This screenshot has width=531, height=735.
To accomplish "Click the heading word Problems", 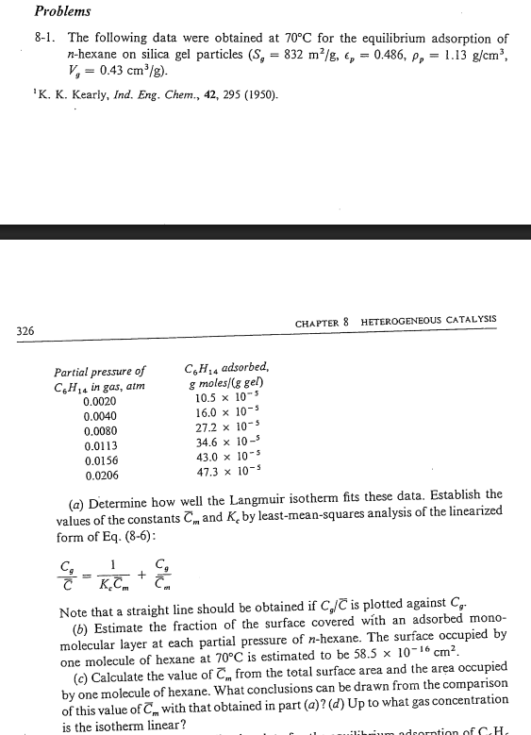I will [62, 11].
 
